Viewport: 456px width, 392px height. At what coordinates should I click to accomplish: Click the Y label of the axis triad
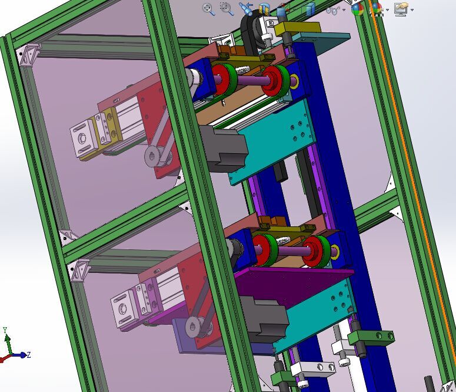[x=5, y=330]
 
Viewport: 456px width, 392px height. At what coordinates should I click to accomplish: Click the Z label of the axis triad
[x=29, y=355]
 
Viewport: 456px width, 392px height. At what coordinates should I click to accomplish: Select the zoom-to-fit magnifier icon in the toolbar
[x=209, y=9]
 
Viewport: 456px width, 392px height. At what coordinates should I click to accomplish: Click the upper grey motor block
[x=224, y=148]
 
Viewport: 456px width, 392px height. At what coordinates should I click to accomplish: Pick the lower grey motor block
[x=264, y=318]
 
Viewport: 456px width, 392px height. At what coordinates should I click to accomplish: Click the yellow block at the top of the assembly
[x=297, y=28]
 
